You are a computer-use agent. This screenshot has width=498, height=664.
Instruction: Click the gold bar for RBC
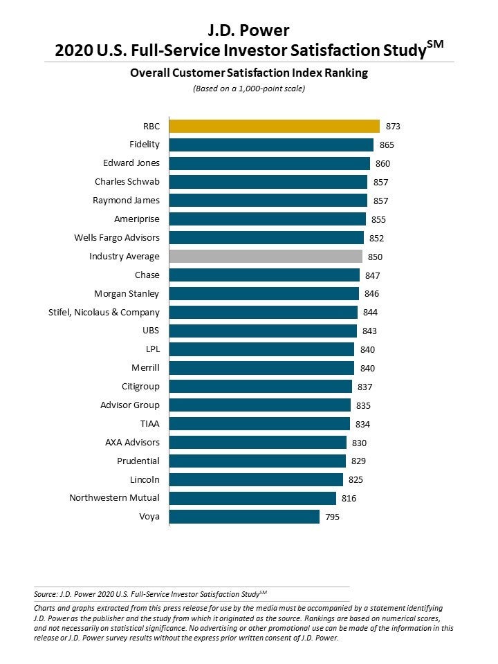pyautogui.click(x=275, y=126)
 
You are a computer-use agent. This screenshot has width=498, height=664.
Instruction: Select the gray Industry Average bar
pyautogui.click(x=266, y=257)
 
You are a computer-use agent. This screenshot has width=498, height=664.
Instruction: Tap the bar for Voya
pyautogui.click(x=244, y=517)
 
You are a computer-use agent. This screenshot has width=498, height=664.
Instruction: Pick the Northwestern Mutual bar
pyautogui.click(x=252, y=498)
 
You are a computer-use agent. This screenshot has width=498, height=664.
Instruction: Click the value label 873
pyautogui.click(x=394, y=127)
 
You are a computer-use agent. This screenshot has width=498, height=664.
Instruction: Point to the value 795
pyautogui.click(x=333, y=517)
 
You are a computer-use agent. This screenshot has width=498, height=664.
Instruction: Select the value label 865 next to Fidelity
pyautogui.click(x=387, y=145)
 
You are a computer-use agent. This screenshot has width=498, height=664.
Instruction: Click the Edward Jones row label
pyautogui.click(x=131, y=163)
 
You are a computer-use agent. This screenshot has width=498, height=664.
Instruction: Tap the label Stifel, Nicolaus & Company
pyautogui.click(x=104, y=312)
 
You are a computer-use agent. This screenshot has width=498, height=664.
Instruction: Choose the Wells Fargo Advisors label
pyautogui.click(x=117, y=237)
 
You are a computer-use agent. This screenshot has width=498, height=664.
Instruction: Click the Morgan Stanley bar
pyautogui.click(x=264, y=293)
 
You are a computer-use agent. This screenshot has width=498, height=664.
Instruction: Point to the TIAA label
pyautogui.click(x=149, y=423)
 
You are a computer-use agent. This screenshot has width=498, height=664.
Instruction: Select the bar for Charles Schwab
pyautogui.click(x=268, y=182)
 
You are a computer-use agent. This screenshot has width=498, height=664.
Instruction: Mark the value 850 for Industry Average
pyautogui.click(x=376, y=257)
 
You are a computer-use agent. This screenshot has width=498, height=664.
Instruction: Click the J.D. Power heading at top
pyautogui.click(x=249, y=30)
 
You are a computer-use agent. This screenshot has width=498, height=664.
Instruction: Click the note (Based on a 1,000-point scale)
pyautogui.click(x=248, y=89)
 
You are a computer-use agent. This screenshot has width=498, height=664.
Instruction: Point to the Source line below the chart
pyautogui.click(x=150, y=593)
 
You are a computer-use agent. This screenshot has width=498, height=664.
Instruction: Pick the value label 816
pyautogui.click(x=350, y=498)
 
